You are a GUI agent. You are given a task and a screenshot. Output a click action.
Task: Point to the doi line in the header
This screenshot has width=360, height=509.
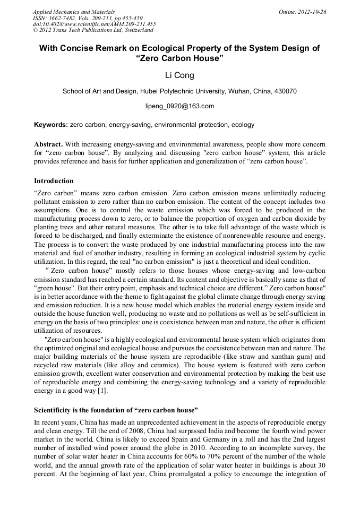pyautogui.click(x=94, y=24)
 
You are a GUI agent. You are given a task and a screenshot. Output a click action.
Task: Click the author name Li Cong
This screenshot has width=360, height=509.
pyautogui.click(x=179, y=75)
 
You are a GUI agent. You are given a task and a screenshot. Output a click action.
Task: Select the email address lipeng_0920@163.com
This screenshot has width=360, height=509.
pyautogui.click(x=179, y=106)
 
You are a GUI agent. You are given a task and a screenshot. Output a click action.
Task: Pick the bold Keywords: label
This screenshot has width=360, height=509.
pyautogui.click(x=50, y=125)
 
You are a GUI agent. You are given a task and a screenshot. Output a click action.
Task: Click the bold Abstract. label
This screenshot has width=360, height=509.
pyautogui.click(x=48, y=144)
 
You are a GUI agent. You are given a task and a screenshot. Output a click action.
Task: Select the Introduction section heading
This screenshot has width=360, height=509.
pyautogui.click(x=54, y=181)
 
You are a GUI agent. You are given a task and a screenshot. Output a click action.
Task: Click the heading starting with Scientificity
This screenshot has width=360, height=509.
pyautogui.click(x=116, y=410)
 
